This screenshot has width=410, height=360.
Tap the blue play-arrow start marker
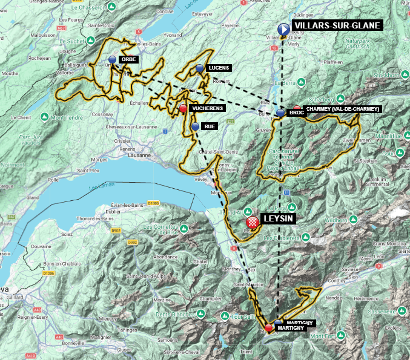[283, 29]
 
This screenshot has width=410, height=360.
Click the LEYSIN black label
[277, 218]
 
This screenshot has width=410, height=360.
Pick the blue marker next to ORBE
[113, 59]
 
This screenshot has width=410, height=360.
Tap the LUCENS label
[216, 68]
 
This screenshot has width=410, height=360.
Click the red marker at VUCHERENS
[183, 109]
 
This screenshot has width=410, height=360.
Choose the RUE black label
[210, 126]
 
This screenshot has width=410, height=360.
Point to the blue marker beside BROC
[280, 113]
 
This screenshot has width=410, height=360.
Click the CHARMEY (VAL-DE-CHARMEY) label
[343, 109]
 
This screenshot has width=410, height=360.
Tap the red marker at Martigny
[268, 327]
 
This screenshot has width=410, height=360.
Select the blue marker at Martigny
[278, 322]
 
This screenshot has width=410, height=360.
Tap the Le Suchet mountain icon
[90, 40]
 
